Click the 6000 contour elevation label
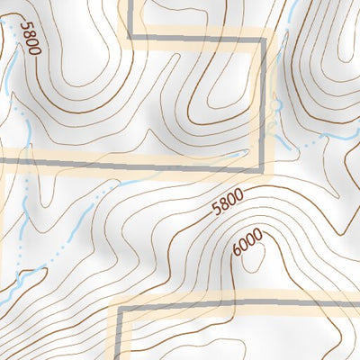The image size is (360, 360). [x=247, y=243]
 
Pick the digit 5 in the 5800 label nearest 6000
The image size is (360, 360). [x=214, y=213]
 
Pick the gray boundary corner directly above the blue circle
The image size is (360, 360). [x=265, y=36]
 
